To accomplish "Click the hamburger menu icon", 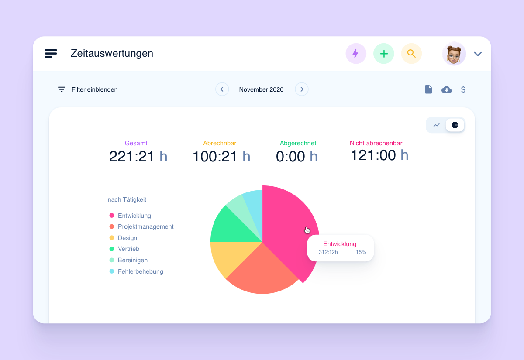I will (x=51, y=54).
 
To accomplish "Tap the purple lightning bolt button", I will (x=355, y=54).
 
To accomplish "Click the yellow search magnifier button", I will (x=411, y=54).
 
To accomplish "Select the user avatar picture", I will (x=454, y=54).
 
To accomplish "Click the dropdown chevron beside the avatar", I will (x=478, y=54).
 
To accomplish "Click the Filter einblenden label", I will (x=94, y=89).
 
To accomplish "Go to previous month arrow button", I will (x=222, y=89).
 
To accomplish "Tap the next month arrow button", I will (x=301, y=89).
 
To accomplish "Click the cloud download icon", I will (x=446, y=89).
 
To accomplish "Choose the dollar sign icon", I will (x=463, y=89).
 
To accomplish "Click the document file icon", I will (x=428, y=89).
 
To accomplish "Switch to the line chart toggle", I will (x=436, y=125).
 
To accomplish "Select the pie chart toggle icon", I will (x=455, y=125).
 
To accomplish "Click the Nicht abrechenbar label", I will (x=376, y=143).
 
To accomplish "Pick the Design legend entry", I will (x=127, y=238).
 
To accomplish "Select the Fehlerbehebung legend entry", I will (x=140, y=271).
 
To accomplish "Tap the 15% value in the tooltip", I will (x=361, y=252).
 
